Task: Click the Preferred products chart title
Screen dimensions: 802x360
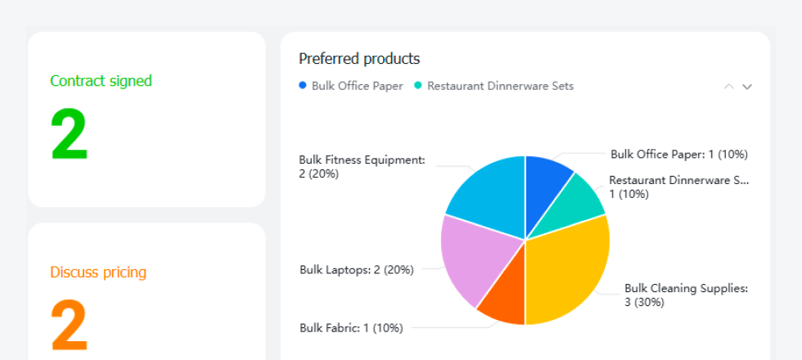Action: tap(359, 59)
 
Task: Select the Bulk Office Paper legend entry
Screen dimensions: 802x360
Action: tap(351, 86)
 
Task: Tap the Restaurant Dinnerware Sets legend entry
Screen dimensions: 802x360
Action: tap(494, 86)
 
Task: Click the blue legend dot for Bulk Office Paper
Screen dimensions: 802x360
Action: tap(302, 86)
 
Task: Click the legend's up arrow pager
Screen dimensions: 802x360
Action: tap(729, 87)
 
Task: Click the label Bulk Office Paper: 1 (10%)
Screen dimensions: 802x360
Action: tap(679, 154)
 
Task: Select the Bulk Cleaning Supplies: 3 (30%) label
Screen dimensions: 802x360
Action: tap(687, 295)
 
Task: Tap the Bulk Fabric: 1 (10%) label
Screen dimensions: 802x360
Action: tap(351, 328)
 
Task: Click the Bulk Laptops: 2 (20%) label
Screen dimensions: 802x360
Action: tap(357, 269)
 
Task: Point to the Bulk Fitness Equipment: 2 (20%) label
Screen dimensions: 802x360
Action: tap(362, 167)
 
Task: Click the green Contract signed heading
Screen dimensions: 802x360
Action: tap(101, 80)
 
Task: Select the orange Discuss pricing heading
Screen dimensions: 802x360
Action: tap(98, 272)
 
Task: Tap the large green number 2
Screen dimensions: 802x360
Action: tap(70, 134)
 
